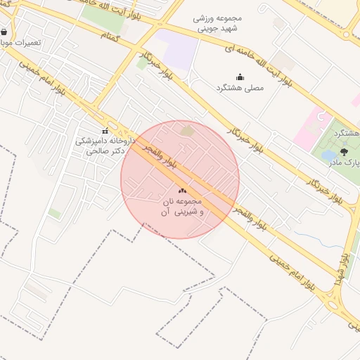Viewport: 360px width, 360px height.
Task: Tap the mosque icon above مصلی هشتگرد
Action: tap(240, 77)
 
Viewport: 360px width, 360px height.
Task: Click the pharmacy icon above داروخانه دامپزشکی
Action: tap(105, 131)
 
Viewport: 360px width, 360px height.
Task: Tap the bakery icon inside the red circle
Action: tap(182, 190)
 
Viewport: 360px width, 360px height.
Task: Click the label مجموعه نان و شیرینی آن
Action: tap(181, 206)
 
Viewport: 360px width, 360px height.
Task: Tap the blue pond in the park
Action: tap(329, 155)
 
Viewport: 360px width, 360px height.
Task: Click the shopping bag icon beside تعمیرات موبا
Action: tap(5, 32)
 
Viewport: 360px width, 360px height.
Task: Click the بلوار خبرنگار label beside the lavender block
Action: tap(157, 65)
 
